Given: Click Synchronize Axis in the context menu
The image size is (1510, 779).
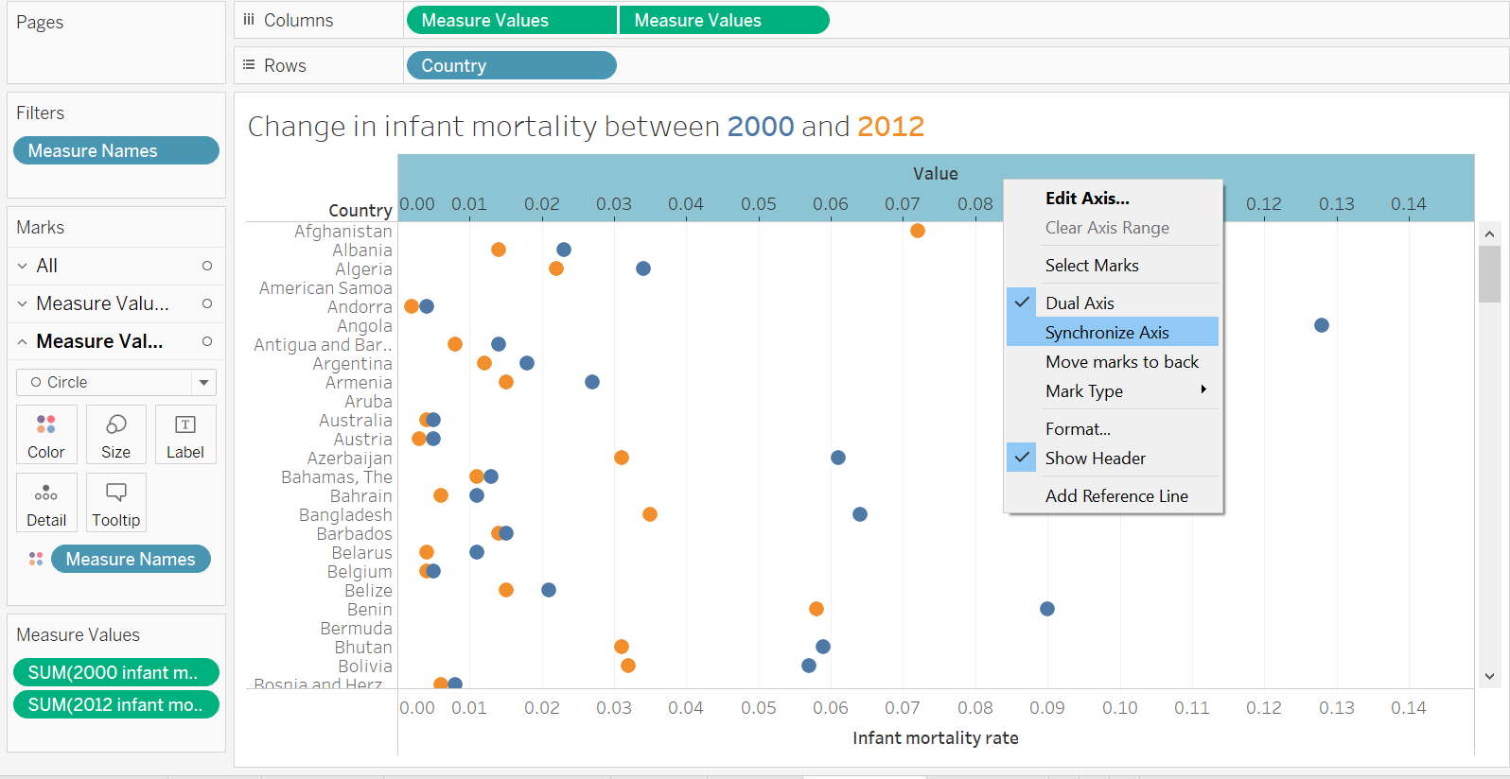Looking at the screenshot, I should [x=1107, y=332].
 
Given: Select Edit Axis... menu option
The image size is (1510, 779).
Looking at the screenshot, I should [x=1087, y=198].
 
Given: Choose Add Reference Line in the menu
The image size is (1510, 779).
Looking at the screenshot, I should [x=1116, y=495].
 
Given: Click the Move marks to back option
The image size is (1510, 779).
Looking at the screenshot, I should [x=1121, y=361].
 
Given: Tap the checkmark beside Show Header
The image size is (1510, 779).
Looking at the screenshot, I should [x=1022, y=458].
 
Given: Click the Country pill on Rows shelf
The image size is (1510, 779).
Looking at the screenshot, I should [x=511, y=65].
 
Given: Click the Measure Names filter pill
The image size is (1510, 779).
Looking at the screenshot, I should [x=115, y=150].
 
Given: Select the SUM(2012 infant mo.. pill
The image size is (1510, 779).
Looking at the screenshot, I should [x=115, y=704].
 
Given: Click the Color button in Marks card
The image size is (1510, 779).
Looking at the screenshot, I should [x=46, y=434].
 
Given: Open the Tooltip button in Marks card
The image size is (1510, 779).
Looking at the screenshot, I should [x=115, y=502].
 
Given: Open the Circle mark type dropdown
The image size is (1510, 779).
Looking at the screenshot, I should [x=203, y=382].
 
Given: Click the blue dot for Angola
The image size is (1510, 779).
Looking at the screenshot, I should [x=1322, y=325].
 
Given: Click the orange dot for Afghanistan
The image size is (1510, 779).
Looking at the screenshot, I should [x=917, y=231].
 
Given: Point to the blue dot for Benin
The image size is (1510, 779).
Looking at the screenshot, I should [x=1047, y=609].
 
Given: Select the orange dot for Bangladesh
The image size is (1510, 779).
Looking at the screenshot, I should [x=650, y=514].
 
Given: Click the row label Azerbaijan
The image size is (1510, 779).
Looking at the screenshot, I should [x=349, y=458].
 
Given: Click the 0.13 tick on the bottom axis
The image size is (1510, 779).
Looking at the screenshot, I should [x=1336, y=707].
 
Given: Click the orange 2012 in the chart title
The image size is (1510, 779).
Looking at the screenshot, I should [x=889, y=126].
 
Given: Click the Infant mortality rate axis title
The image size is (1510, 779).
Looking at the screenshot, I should [x=935, y=737].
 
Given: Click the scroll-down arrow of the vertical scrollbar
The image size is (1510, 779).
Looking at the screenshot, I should [x=1489, y=676].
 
